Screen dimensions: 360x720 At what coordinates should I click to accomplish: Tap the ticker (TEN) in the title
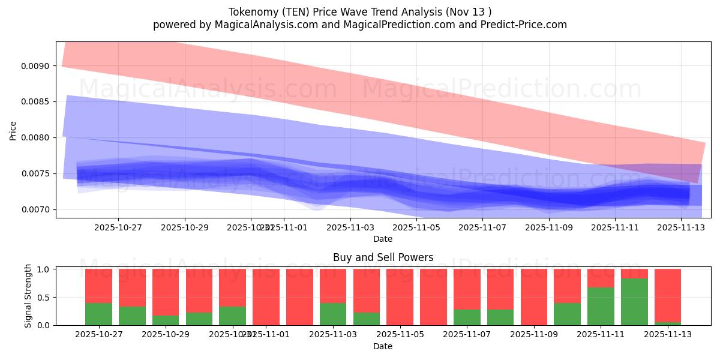(293, 12)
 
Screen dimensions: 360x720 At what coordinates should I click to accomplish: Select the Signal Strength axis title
(28, 296)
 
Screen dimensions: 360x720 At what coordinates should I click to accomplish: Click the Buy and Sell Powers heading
(383, 257)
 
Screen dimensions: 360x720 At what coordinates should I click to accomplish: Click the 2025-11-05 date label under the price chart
(417, 227)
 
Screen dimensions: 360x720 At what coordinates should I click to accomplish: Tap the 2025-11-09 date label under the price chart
(548, 227)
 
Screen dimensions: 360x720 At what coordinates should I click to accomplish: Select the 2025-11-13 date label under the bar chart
(667, 335)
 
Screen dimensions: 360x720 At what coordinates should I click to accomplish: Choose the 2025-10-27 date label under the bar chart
(99, 335)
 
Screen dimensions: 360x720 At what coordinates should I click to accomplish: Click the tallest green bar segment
(634, 302)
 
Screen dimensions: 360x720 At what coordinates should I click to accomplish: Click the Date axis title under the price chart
(383, 239)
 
